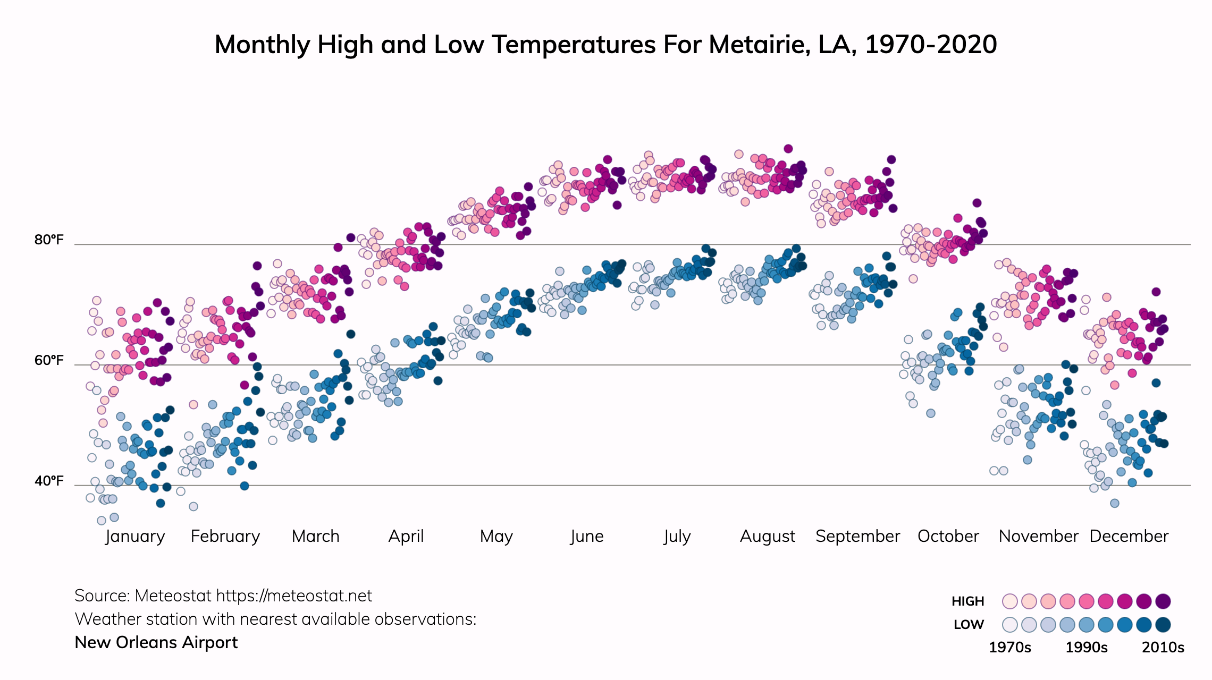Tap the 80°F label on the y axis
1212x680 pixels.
pos(49,240)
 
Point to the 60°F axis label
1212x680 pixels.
pos(49,361)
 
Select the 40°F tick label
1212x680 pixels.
pos(49,481)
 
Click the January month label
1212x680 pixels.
pos(135,537)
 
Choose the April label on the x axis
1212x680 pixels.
pos(406,537)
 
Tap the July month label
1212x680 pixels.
pos(677,537)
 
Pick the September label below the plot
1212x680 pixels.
pos(857,537)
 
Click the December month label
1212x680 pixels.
pos(1129,537)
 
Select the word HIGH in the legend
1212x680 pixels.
pos(967,601)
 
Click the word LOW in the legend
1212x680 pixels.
pos(969,625)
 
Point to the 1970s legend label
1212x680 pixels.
pos(1009,648)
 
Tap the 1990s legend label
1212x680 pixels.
pos(1087,648)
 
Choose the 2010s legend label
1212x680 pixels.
pos(1163,648)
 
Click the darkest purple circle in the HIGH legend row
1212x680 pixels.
pos(1163,601)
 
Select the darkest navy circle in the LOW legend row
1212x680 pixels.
pos(1163,625)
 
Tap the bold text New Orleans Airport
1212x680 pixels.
pos(156,643)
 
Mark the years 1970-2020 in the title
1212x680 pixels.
pos(931,45)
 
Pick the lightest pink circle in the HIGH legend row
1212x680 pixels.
pos(1009,601)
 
